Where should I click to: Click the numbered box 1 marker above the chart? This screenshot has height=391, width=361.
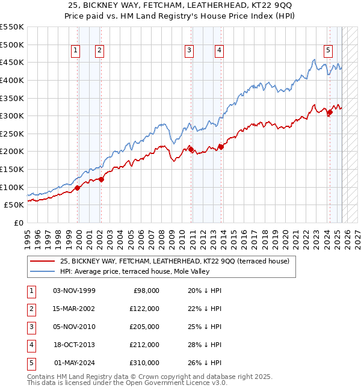[76, 51]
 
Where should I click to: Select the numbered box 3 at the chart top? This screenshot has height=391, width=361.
[189, 51]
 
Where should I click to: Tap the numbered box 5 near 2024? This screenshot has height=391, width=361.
[328, 51]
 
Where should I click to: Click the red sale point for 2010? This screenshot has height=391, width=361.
[191, 150]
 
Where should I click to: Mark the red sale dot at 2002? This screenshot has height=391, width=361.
[101, 179]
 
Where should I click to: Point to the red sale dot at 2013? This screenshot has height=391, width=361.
[221, 146]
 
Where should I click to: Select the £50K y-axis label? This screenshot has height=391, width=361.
[14, 205]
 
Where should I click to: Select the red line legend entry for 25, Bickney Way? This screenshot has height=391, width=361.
[174, 261]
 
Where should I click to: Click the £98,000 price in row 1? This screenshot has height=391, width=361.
[146, 290]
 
